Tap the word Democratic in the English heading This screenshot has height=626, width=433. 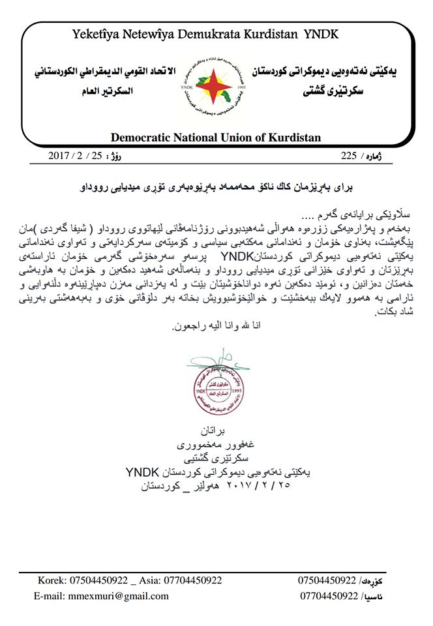click(x=144, y=138)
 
